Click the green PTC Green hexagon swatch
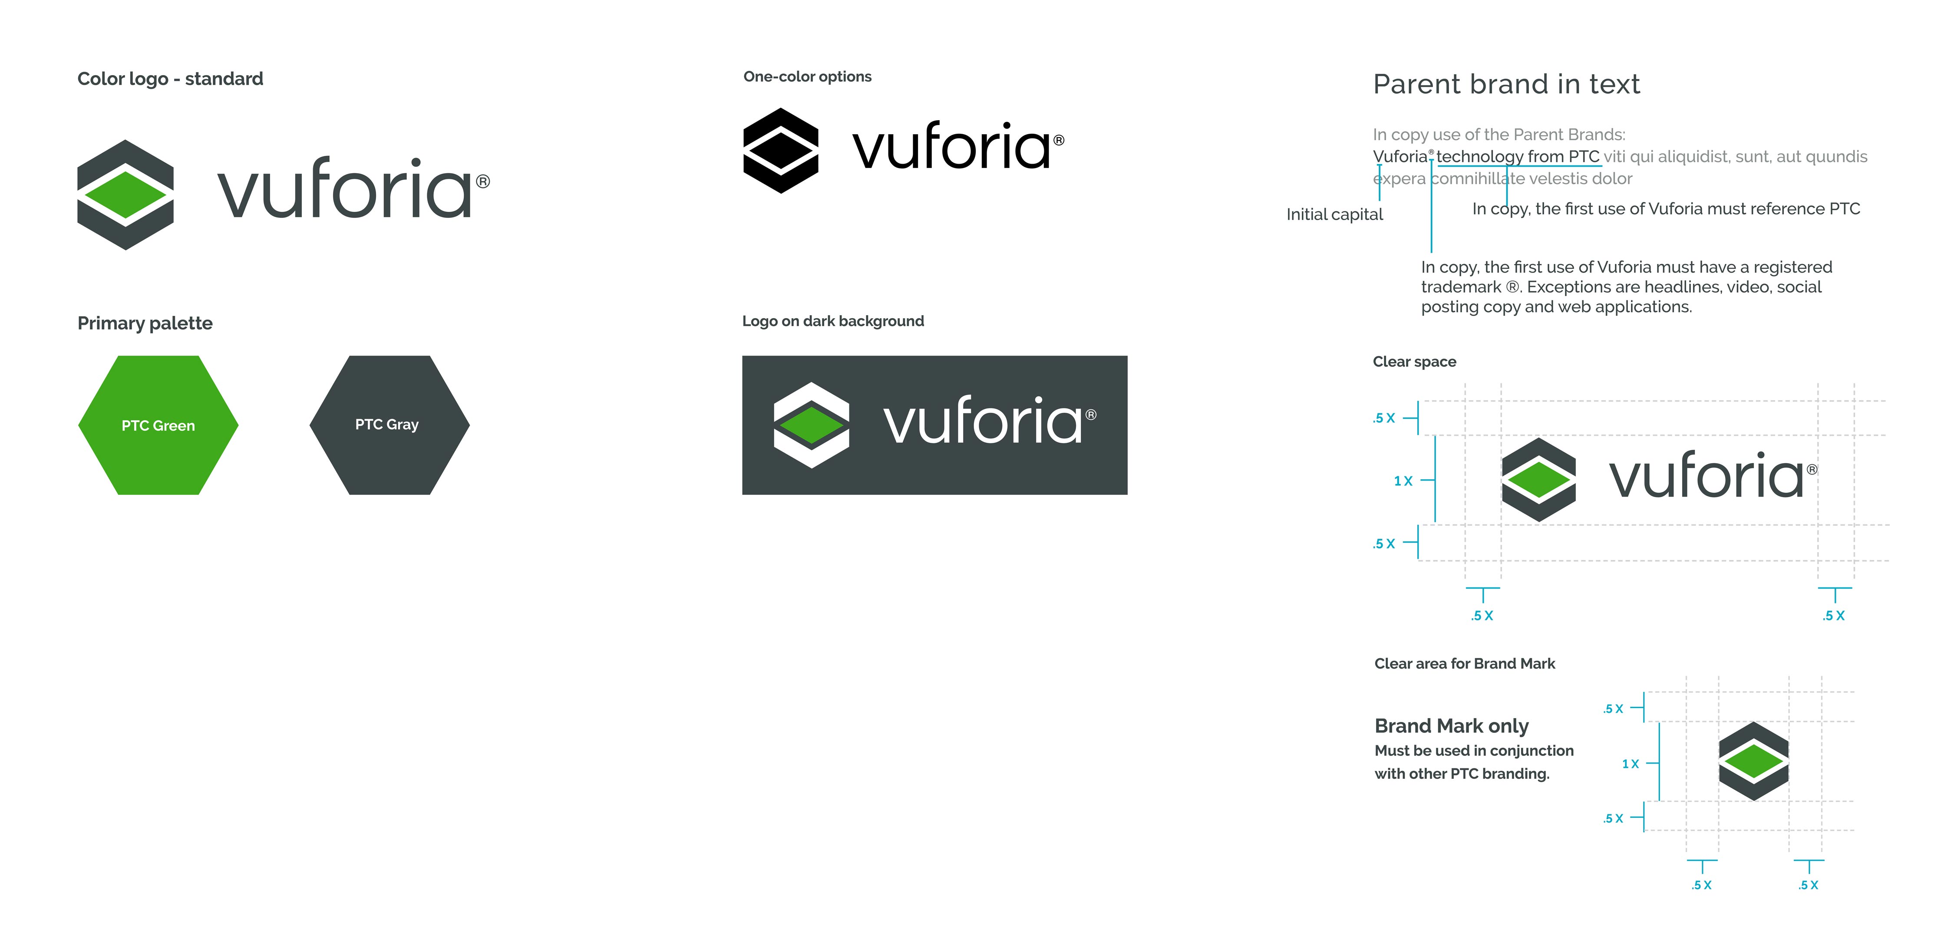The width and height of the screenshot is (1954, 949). coord(158,425)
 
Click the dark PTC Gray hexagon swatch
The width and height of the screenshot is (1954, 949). coord(389,425)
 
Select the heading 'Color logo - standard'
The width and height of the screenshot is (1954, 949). coord(170,79)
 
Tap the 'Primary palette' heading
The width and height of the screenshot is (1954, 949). coord(145,323)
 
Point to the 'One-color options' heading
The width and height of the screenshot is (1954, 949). coord(807,76)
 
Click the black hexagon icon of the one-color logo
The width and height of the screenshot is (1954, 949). coord(781,150)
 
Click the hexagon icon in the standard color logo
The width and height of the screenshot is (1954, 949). coord(125,195)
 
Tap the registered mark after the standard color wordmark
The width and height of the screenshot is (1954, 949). coord(482,182)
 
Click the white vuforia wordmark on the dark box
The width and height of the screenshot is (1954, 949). coord(982,421)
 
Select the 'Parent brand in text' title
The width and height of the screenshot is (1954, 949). coord(1506,84)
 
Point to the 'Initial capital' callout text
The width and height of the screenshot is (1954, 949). coord(1334,215)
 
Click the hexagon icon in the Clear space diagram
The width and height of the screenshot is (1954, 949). coord(1538,479)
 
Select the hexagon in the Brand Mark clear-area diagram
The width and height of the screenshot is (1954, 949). coord(1753,761)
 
